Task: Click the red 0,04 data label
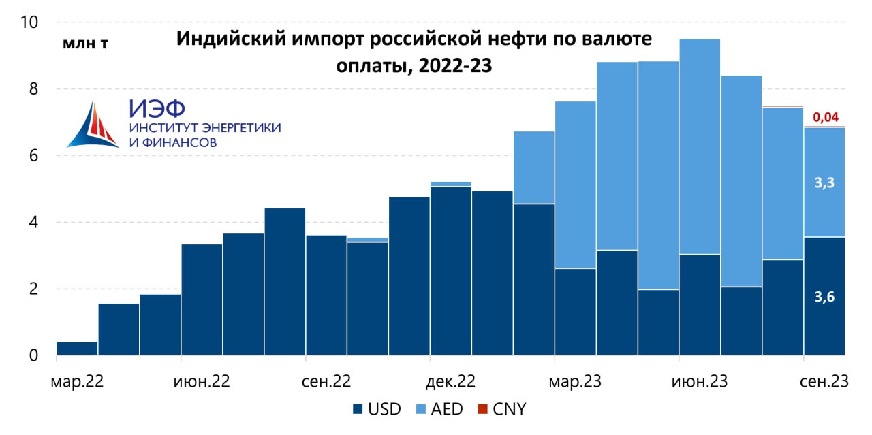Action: [x=825, y=118]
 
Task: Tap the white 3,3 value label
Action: [x=825, y=182]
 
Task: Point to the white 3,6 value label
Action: [x=825, y=297]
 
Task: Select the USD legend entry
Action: [x=377, y=409]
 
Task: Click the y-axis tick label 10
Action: [x=30, y=22]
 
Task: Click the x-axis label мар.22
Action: [x=77, y=382]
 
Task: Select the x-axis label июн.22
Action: [x=202, y=382]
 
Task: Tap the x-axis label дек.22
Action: [x=450, y=382]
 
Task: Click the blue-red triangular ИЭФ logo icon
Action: [x=93, y=126]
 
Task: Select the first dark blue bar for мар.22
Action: [x=77, y=349]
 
